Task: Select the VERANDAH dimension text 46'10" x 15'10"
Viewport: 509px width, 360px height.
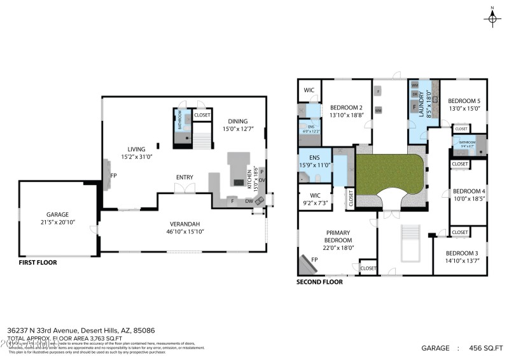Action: [x=185, y=232]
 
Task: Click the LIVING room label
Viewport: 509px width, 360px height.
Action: [x=137, y=149]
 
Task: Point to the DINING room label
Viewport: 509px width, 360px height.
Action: [x=235, y=121]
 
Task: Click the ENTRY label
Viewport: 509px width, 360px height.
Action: [x=185, y=177]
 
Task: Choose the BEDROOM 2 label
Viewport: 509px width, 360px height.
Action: [x=346, y=107]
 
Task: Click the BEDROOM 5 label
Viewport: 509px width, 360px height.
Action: [x=464, y=101]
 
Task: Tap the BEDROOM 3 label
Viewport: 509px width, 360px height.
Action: [x=460, y=253]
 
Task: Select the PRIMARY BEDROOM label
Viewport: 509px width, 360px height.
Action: [x=338, y=236]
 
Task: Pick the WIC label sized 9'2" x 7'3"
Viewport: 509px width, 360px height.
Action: [x=314, y=195]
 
